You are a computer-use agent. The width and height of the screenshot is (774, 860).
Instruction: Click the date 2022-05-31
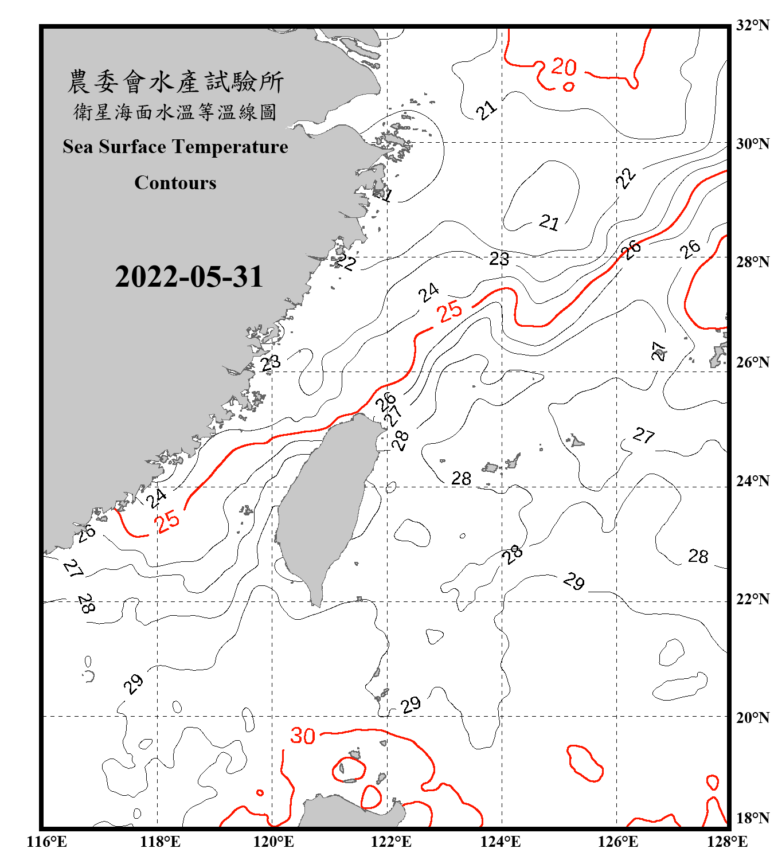pos(189,277)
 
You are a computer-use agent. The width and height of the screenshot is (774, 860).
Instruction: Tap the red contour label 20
pos(564,67)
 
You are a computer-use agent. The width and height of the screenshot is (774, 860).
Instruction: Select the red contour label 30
pos(302,736)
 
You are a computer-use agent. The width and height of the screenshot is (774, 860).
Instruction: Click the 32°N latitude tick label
pos(752,25)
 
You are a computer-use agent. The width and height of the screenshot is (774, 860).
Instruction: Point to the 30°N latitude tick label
pos(752,144)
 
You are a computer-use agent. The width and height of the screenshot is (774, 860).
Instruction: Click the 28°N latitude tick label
pos(752,262)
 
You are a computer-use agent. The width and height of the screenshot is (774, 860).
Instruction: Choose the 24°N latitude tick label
pos(752,480)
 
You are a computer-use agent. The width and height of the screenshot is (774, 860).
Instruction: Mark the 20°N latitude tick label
pos(752,717)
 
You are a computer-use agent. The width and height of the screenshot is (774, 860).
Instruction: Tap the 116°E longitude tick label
pos(46,842)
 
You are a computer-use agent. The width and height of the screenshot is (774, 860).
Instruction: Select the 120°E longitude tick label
pos(273,842)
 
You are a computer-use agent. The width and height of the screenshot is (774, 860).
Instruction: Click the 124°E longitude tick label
pos(501,842)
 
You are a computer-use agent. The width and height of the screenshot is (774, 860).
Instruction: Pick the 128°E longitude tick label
pos(727,842)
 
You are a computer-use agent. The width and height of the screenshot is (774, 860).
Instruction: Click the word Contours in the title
pos(175,183)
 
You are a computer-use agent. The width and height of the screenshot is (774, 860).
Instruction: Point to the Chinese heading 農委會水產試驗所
pos(175,81)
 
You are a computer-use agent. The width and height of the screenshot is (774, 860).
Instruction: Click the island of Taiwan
pos(324,505)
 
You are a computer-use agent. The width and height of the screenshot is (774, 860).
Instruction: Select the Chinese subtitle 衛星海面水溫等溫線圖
pos(175,112)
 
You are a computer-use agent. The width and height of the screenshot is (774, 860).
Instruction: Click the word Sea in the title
pos(77,147)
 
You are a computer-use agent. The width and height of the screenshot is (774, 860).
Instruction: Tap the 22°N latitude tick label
pos(752,599)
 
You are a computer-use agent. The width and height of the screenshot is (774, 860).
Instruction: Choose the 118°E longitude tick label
pos(160,842)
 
